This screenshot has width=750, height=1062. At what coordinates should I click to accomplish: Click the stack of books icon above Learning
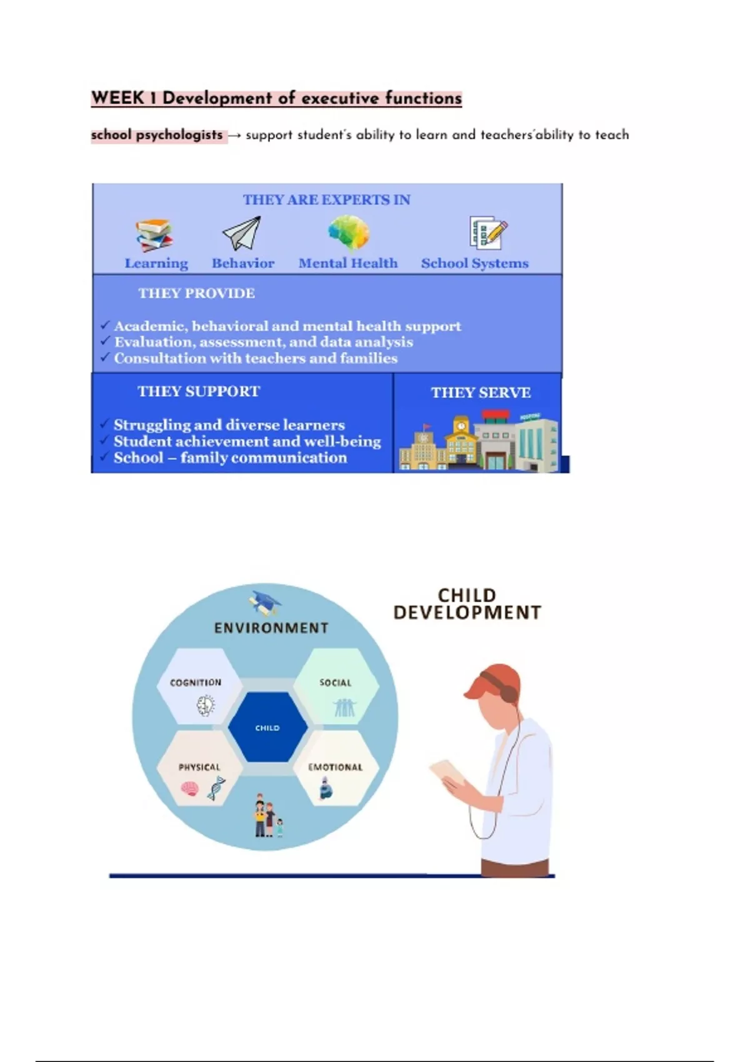(154, 235)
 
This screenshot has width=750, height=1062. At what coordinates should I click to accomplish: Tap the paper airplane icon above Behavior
(242, 233)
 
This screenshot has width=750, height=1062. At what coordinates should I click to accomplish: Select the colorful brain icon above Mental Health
(349, 232)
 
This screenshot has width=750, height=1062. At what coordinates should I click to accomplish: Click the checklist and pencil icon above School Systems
(488, 232)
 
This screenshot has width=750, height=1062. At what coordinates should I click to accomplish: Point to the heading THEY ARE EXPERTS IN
(327, 200)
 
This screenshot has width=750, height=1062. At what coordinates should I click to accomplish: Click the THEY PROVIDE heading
(196, 293)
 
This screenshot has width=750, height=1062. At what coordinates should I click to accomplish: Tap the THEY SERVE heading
(481, 392)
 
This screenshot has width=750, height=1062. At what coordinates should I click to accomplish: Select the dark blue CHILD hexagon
(267, 727)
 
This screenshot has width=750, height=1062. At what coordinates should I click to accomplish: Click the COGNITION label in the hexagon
(196, 682)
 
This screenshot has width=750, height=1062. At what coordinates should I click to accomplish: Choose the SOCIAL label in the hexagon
(336, 683)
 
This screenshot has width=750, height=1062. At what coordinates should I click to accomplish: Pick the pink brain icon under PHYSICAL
(190, 788)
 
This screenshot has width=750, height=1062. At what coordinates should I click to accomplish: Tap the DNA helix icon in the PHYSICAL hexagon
(216, 788)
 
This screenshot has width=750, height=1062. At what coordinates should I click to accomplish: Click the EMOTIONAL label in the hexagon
(336, 767)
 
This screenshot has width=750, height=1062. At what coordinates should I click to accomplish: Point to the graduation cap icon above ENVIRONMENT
(265, 602)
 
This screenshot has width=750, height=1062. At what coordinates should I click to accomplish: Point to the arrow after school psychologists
(234, 136)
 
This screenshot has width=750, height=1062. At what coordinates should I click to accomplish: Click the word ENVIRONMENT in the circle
(271, 628)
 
